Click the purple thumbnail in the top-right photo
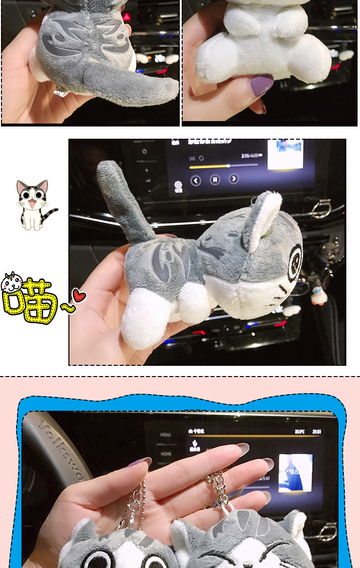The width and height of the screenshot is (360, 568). tap(262, 84)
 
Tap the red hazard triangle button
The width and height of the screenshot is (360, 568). tap(127, 17)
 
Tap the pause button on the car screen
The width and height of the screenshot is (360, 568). tap(214, 180)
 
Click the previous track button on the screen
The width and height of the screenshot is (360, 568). tap(195, 181)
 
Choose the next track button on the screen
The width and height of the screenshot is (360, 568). tap(234, 179)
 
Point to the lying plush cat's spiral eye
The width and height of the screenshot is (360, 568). tap(294, 262)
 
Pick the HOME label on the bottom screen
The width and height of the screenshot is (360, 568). tap(166, 453)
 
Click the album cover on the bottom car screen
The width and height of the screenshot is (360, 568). tap(296, 472)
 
